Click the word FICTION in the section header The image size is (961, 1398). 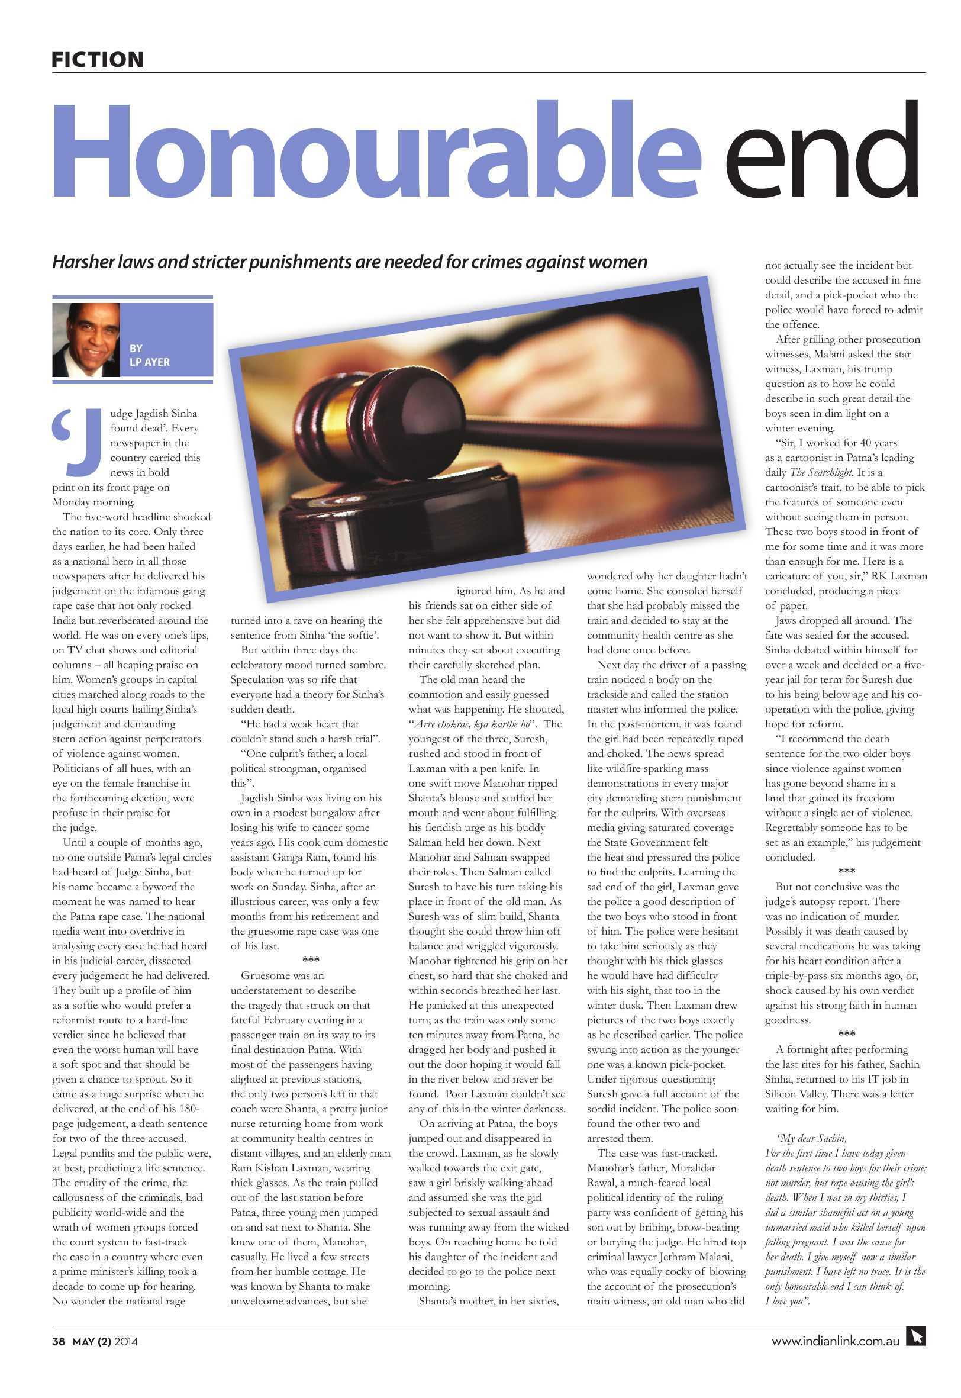coord(97,60)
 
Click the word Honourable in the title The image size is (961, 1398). coord(376,150)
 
